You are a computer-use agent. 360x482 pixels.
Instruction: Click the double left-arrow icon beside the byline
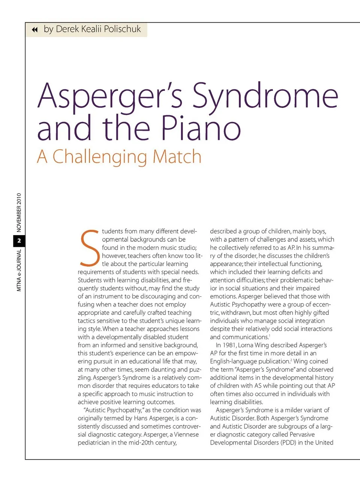coord(35,30)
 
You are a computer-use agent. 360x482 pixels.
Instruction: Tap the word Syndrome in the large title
coord(265,96)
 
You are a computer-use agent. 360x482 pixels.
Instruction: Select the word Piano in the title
coord(201,128)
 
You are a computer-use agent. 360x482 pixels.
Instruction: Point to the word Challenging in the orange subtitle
coord(100,157)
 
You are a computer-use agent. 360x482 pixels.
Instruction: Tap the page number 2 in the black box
coord(19,241)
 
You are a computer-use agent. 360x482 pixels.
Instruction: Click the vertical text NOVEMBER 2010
coord(19,213)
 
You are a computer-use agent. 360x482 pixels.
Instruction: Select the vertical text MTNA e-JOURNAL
coord(19,270)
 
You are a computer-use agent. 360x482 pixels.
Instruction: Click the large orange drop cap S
coord(89,248)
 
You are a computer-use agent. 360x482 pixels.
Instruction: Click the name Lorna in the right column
coord(246,345)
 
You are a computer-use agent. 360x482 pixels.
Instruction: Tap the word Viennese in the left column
coord(186,434)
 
